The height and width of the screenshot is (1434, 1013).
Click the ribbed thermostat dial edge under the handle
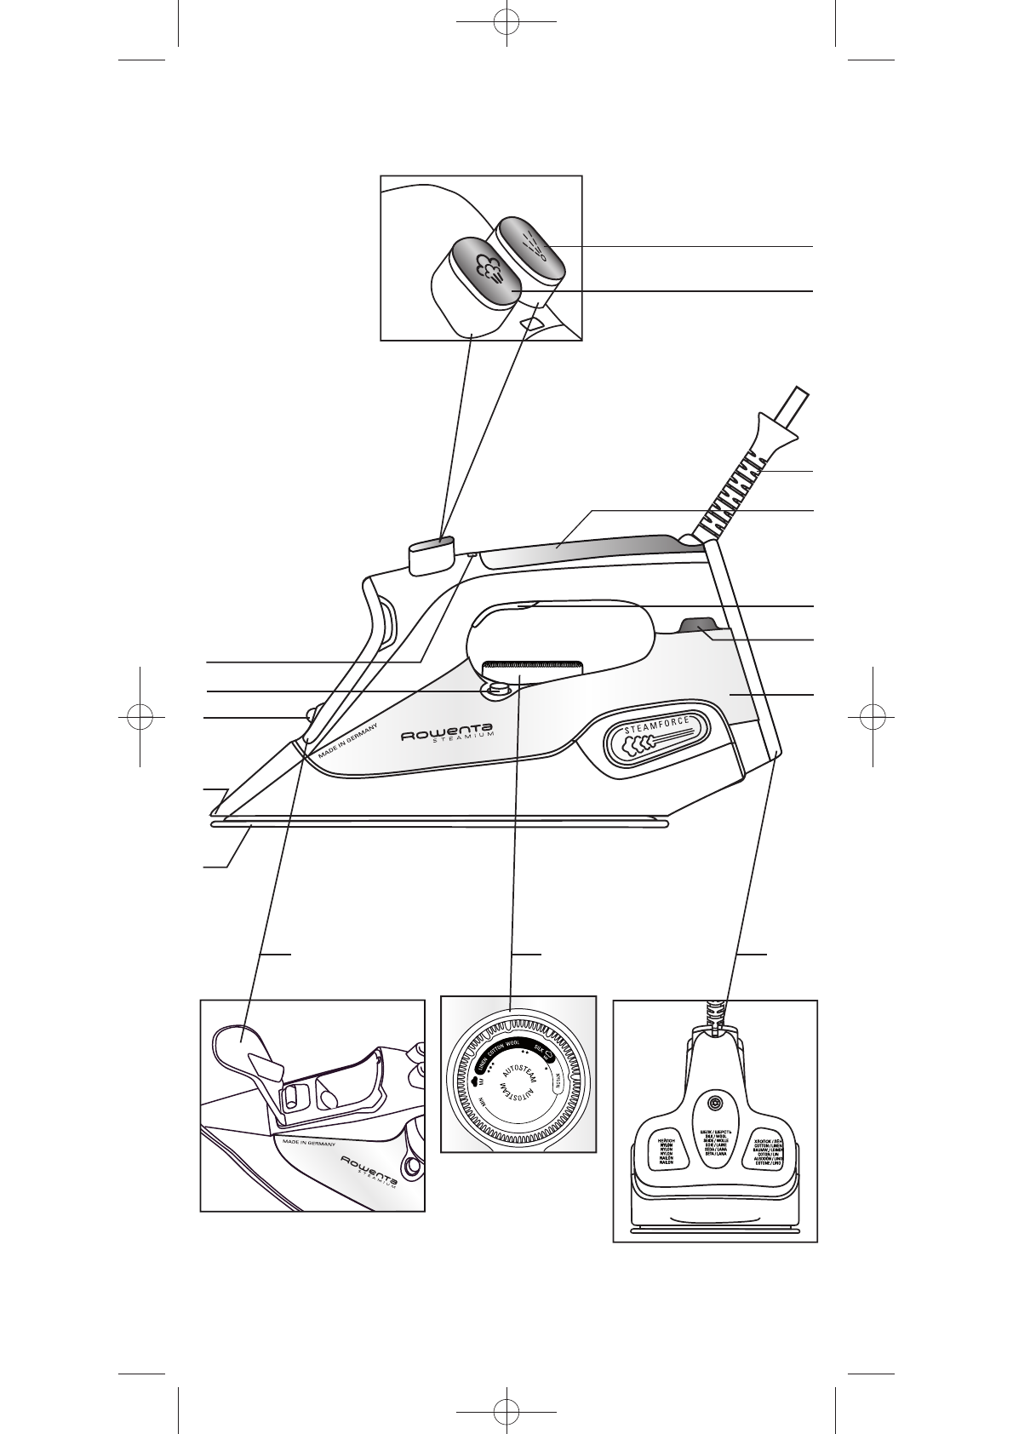(x=531, y=665)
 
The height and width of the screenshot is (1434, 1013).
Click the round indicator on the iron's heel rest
(x=714, y=1104)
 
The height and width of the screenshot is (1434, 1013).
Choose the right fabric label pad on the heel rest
(x=769, y=1144)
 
